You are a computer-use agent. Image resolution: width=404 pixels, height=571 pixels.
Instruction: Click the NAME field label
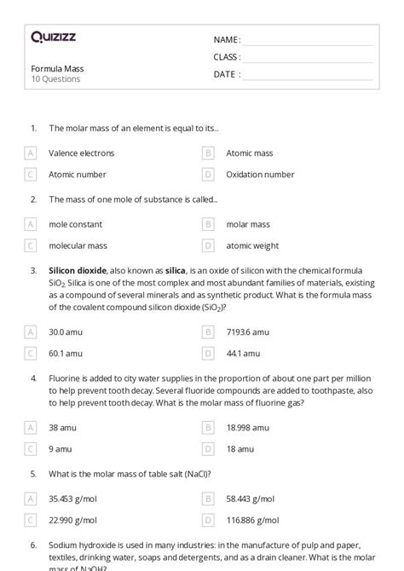click(x=227, y=40)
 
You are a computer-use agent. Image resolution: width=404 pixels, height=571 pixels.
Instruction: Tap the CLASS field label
click(x=227, y=57)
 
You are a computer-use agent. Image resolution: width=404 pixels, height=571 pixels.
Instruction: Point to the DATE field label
click(x=227, y=74)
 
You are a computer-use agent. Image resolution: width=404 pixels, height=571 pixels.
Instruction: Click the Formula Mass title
click(x=57, y=68)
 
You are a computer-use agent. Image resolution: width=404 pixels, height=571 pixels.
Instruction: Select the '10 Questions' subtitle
click(x=55, y=79)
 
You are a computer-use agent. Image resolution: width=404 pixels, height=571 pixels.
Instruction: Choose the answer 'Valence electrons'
click(x=81, y=153)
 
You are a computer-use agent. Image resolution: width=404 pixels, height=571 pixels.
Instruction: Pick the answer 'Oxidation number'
click(x=260, y=174)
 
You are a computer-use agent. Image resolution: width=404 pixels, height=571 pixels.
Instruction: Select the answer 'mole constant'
click(x=75, y=224)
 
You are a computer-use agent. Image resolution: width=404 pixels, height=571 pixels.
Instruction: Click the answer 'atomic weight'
click(x=252, y=245)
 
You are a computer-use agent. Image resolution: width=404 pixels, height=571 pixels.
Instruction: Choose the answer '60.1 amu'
click(x=66, y=352)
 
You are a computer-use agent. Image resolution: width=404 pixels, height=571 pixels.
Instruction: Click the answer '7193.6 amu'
click(x=248, y=332)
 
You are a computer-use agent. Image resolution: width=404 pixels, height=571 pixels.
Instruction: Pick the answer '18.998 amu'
click(x=248, y=427)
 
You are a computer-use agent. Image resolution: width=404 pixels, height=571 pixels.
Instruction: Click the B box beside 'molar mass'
click(x=208, y=224)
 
